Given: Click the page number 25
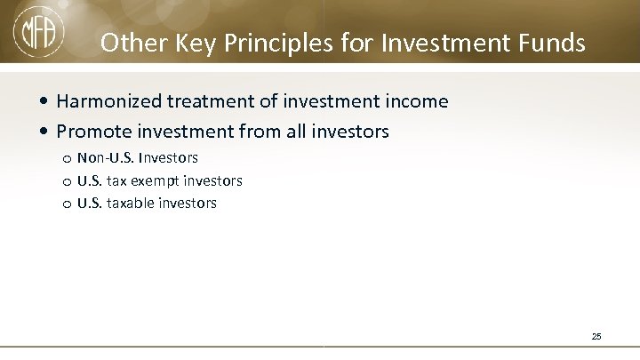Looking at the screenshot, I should (596, 336).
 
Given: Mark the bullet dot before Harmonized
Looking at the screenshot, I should (45, 103).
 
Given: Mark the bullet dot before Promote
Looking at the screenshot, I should (45, 132).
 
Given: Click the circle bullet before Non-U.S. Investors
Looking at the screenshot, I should (67, 159).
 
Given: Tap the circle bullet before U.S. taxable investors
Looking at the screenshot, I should (67, 204).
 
